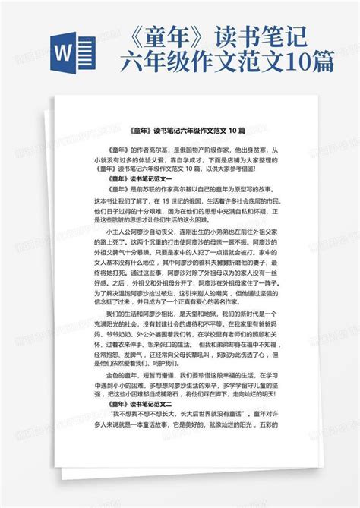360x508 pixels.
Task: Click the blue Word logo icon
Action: (72, 55)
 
